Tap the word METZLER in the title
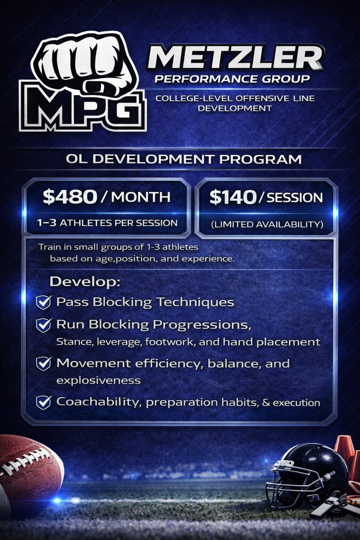tap(235, 57)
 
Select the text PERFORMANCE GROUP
tap(232, 79)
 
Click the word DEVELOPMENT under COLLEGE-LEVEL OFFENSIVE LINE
tap(234, 108)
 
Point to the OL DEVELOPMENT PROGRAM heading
tap(184, 159)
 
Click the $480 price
tap(70, 197)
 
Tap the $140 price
tap(233, 197)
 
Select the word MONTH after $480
tap(141, 197)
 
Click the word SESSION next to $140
tap(295, 198)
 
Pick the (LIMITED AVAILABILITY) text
tap(267, 224)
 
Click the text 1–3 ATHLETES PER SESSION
tap(107, 223)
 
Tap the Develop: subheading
tap(85, 281)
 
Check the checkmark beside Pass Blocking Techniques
tap(44, 302)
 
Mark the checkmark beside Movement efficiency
tap(44, 364)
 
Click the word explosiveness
tap(98, 380)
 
